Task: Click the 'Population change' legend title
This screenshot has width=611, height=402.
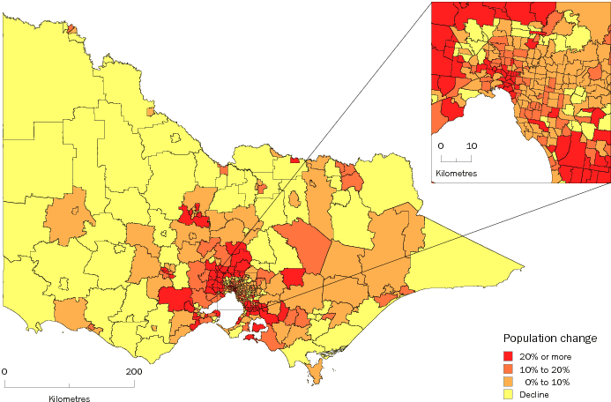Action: point(550,339)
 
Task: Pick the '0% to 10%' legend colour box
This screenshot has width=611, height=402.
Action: point(510,381)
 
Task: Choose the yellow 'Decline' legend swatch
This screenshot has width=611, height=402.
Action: point(510,394)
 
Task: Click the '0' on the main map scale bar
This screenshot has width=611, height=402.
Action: point(4,371)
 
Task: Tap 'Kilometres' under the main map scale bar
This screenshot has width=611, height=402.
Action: point(69,398)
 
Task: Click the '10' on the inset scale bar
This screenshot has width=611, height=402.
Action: point(473,145)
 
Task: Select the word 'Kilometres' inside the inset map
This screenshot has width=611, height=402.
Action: point(456,174)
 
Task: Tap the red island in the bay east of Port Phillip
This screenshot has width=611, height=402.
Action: point(257,328)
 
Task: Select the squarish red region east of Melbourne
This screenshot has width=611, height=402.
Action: point(294,279)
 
